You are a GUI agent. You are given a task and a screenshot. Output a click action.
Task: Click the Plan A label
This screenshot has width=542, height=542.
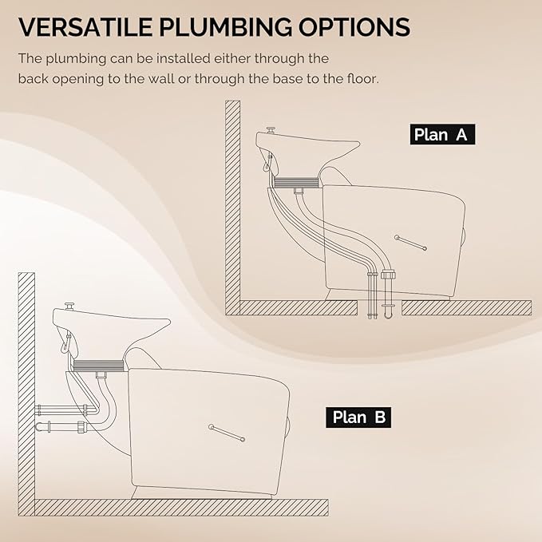(442, 134)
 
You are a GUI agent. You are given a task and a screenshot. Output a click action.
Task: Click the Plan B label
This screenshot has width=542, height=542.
(358, 417)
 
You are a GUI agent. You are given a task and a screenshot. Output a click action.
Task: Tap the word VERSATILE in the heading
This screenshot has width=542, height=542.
(85, 26)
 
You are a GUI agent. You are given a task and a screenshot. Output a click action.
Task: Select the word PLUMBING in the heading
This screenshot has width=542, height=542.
(226, 26)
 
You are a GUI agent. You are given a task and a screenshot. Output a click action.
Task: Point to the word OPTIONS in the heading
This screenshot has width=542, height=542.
(354, 26)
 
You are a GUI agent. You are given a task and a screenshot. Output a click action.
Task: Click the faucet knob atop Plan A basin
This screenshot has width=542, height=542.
(271, 130)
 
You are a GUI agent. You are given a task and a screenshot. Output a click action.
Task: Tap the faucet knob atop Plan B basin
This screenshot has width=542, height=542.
(69, 306)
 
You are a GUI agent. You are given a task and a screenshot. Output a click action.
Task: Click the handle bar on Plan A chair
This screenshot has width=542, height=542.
(410, 243)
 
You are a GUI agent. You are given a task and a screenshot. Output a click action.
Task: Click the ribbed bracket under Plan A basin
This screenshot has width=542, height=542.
(295, 183)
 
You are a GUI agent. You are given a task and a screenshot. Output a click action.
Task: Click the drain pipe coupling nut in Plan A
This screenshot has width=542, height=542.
(388, 275)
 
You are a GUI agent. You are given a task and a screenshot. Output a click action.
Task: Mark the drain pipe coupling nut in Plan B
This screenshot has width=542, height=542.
(83, 426)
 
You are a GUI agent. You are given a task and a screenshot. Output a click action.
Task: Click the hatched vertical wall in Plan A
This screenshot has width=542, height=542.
(232, 208)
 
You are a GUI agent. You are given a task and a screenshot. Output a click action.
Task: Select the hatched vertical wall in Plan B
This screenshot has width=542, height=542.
(26, 394)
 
